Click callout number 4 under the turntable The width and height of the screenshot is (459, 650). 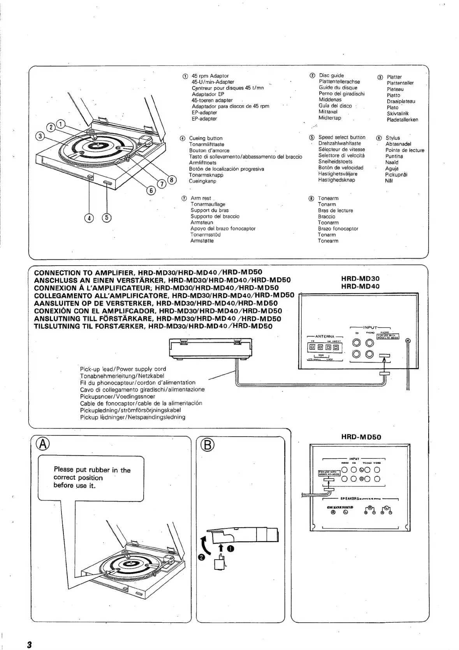pos(89,218)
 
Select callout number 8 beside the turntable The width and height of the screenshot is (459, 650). pos(172,180)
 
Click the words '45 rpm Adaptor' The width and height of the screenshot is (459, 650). pos(210,76)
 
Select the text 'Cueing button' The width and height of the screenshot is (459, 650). pos(206,138)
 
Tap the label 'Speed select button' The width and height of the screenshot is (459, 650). pos(342,137)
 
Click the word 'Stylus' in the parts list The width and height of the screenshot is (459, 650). pos(393,138)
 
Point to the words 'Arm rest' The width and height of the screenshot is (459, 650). pos(201,198)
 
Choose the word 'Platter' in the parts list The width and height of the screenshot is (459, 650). pos(394,77)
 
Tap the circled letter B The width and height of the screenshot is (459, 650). pos(208,445)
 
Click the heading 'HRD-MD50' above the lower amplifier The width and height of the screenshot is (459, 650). pos(361,437)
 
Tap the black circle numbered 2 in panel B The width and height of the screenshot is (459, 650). pos(201,558)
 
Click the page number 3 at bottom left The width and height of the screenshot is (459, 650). pos(29,644)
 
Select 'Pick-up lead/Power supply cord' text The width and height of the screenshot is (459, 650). pos(123,369)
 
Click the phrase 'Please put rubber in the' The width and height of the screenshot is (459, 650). pos(92,470)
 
